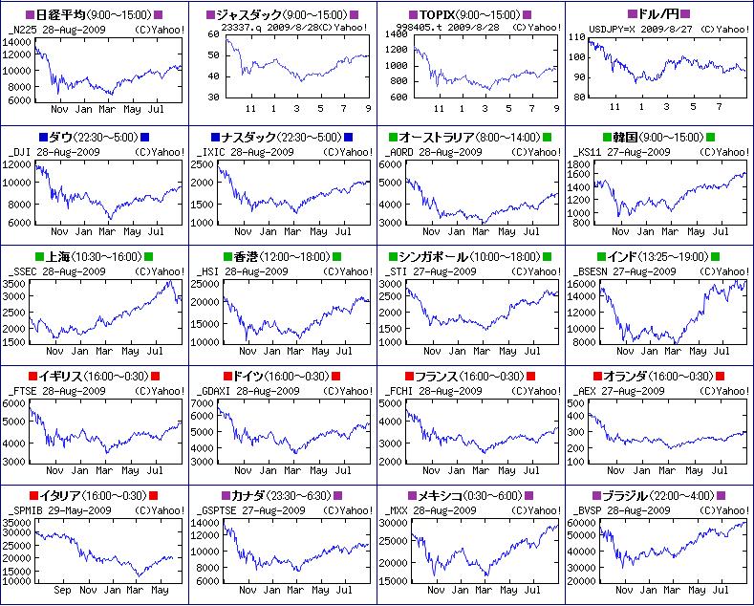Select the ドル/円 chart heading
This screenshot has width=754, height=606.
click(x=659, y=15)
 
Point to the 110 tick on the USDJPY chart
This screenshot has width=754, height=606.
click(x=576, y=35)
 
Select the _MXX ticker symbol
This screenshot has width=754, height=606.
click(x=399, y=510)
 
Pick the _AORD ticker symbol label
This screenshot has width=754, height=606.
click(x=401, y=152)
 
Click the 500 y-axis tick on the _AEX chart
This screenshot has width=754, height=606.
click(x=576, y=403)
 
